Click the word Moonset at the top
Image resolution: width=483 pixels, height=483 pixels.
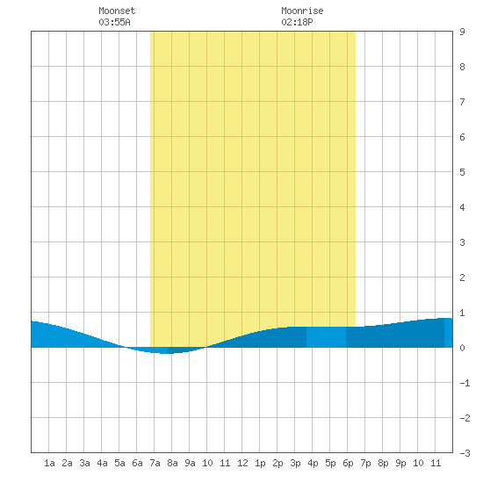[117, 11]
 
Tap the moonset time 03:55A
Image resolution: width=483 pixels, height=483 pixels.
[114, 22]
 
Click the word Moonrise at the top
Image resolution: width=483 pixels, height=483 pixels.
[302, 11]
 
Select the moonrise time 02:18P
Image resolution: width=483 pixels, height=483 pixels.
[297, 22]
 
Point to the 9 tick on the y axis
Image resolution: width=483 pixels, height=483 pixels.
[462, 32]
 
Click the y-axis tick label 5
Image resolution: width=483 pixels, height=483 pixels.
[462, 172]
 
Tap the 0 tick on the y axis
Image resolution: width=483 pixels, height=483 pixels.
[462, 348]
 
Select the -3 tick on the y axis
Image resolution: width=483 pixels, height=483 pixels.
[465, 453]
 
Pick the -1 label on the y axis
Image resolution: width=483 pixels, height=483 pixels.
[465, 383]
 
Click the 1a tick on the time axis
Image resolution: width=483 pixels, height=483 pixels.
[49, 463]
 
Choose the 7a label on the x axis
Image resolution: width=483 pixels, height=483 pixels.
[155, 463]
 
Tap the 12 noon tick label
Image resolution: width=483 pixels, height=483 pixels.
[242, 463]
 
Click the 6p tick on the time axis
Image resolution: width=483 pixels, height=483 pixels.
[348, 463]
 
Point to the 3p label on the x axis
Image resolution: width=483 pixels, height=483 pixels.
[295, 463]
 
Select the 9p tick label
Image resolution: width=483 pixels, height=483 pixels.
[400, 463]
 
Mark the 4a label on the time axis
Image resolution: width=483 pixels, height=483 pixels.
[102, 463]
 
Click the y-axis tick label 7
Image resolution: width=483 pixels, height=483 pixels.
[462, 102]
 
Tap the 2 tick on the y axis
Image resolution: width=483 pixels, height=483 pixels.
[462, 278]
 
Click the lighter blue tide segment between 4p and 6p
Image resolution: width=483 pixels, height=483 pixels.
[326, 337]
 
